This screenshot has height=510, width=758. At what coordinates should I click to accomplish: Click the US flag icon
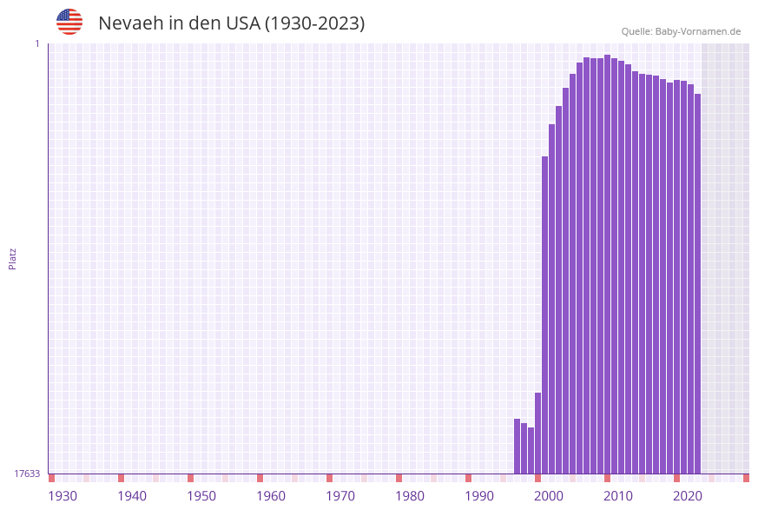tap(69, 22)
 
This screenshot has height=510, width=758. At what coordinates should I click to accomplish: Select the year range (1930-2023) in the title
tap(313, 23)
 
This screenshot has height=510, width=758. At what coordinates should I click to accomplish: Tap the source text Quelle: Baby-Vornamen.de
tap(681, 31)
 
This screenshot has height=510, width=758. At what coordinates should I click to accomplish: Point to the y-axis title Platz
tap(13, 258)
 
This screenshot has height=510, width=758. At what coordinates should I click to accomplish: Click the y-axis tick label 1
tap(36, 43)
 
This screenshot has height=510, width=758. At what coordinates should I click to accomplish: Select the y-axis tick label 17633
tap(27, 474)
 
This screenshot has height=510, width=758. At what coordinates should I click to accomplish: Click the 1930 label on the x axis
tap(63, 495)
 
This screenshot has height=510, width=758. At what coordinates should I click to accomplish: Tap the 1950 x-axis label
tap(201, 495)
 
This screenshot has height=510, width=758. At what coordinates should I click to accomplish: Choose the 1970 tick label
tap(340, 495)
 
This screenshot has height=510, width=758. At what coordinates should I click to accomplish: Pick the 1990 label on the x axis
tap(479, 495)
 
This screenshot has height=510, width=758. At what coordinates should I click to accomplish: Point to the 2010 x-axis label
tap(618, 495)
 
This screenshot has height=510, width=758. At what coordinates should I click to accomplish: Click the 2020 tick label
tap(688, 495)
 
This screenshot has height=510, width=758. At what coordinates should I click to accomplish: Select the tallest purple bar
tap(607, 264)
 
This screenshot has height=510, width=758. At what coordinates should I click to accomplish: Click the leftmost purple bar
tap(517, 446)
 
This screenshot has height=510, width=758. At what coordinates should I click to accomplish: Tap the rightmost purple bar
tap(697, 283)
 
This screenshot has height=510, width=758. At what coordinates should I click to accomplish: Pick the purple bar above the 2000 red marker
tap(537, 433)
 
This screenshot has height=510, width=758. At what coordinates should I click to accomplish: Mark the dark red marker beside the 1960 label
tap(260, 478)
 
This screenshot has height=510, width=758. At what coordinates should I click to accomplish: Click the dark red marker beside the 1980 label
tap(399, 478)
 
